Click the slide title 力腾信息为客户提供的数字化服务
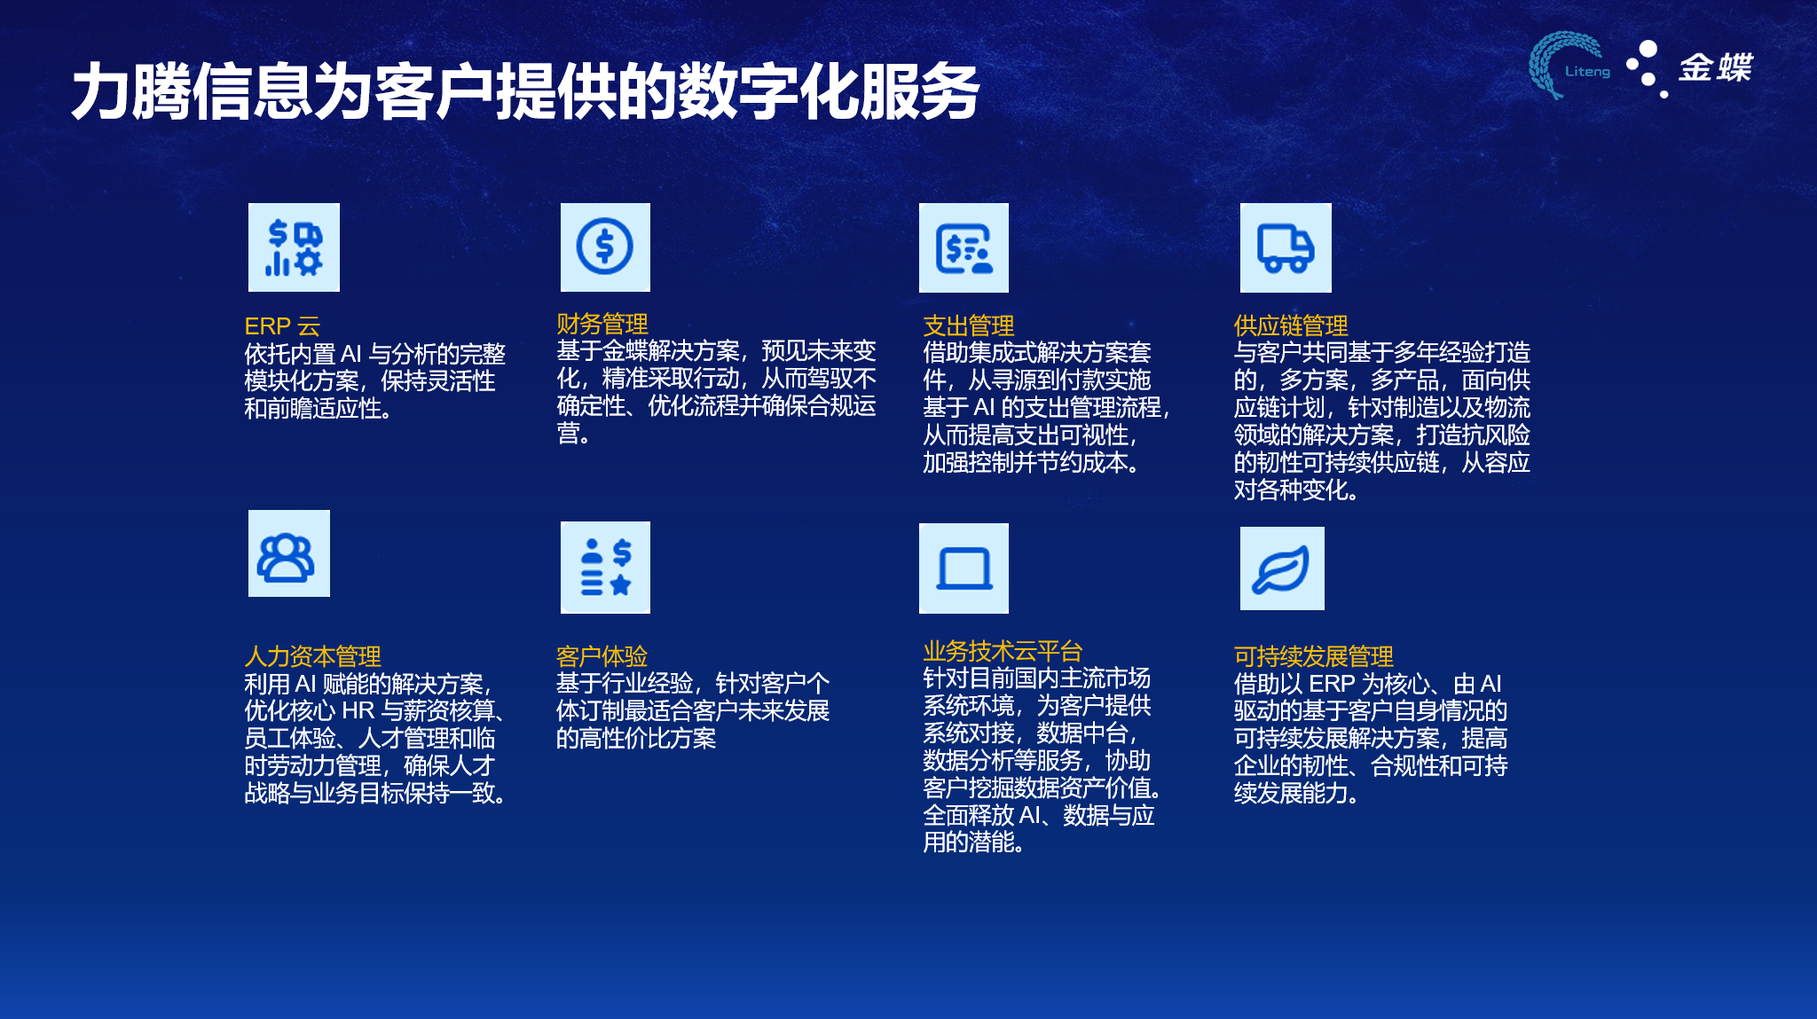coord(525,91)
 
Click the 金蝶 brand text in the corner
coord(1716,67)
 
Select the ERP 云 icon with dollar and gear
coord(294,247)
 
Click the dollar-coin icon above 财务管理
coord(605,247)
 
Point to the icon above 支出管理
coord(964,248)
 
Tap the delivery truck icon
coord(1286,248)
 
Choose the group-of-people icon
coord(289,553)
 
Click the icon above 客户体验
coord(605,568)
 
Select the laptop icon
coord(964,568)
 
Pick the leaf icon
coord(1282,568)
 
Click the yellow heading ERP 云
coord(282,326)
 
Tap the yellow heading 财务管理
coord(602,324)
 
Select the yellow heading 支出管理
coord(969,325)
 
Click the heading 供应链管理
coord(1291,325)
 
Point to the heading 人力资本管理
coord(312,656)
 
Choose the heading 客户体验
coord(602,656)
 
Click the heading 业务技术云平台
coord(1003,651)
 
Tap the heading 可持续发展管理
coord(1313,656)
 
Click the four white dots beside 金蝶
coord(1647,68)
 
